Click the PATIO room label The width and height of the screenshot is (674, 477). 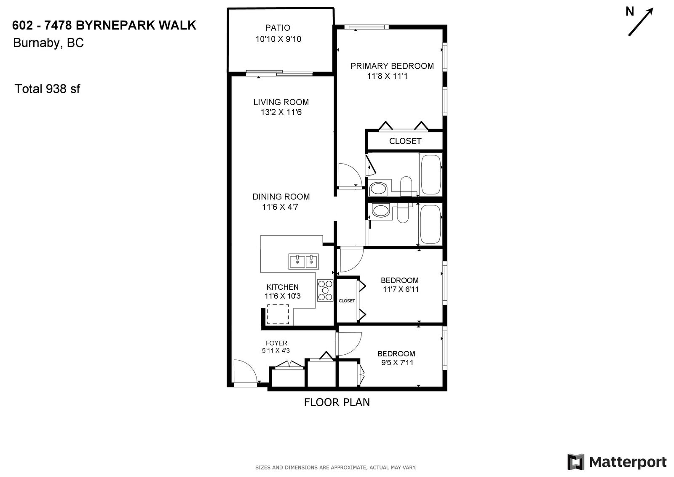[278, 28]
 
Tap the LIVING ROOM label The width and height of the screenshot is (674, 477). [281, 102]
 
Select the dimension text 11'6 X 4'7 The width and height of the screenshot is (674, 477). [280, 207]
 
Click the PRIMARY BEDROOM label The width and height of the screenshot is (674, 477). [392, 66]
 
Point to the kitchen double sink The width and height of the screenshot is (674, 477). [304, 261]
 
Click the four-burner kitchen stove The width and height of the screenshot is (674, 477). [325, 290]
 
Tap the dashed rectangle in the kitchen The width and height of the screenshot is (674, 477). [278, 314]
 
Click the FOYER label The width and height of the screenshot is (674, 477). [276, 343]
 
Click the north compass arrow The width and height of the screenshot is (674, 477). [641, 22]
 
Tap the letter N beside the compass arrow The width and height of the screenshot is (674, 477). [630, 11]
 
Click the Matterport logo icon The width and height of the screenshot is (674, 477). [576, 462]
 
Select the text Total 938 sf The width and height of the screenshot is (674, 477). [47, 89]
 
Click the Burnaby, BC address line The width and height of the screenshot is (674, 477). [48, 43]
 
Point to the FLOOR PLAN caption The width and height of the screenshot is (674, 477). [337, 402]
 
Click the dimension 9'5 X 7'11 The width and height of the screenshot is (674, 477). [397, 363]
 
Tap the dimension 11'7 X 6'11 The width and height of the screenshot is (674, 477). [401, 289]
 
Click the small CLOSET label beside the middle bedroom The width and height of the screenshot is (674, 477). [347, 301]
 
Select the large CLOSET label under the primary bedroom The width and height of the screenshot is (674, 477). [405, 141]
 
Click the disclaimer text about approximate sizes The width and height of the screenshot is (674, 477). [336, 468]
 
